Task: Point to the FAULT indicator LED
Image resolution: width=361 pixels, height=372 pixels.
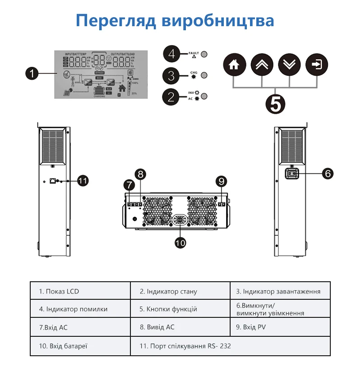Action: coord(204,54)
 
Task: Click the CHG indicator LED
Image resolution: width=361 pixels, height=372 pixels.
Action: coord(204,75)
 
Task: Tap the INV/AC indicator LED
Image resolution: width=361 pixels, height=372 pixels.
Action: coord(204,96)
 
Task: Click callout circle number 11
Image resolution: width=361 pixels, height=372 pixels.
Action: coord(82,181)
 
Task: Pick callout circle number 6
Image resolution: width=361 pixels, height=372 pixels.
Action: coord(328,173)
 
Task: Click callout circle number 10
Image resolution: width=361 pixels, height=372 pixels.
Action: coord(180,242)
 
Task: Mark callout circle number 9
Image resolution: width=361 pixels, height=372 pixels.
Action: coord(221,181)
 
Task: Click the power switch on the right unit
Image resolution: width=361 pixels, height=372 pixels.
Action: coord(292,173)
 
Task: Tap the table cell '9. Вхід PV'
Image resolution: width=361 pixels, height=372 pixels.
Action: coord(280,327)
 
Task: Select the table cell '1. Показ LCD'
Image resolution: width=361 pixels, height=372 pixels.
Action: coord(80,291)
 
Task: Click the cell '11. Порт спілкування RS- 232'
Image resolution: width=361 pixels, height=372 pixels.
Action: coord(230,346)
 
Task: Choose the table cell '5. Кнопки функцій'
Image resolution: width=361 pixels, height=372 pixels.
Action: coord(180,309)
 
